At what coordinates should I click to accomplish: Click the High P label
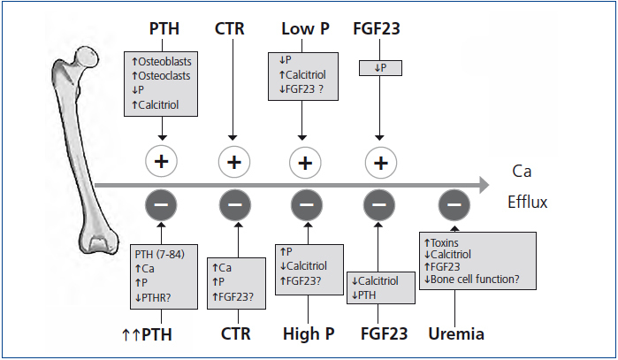coord(306,333)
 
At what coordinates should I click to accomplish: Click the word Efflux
coord(528,202)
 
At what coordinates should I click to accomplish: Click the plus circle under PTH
coord(163,163)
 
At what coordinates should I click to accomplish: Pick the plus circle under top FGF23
coord(378,163)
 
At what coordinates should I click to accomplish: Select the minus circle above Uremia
coord(454,205)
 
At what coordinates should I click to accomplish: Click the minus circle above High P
coord(306,205)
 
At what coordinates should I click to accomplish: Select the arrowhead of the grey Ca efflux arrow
coord(481,184)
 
